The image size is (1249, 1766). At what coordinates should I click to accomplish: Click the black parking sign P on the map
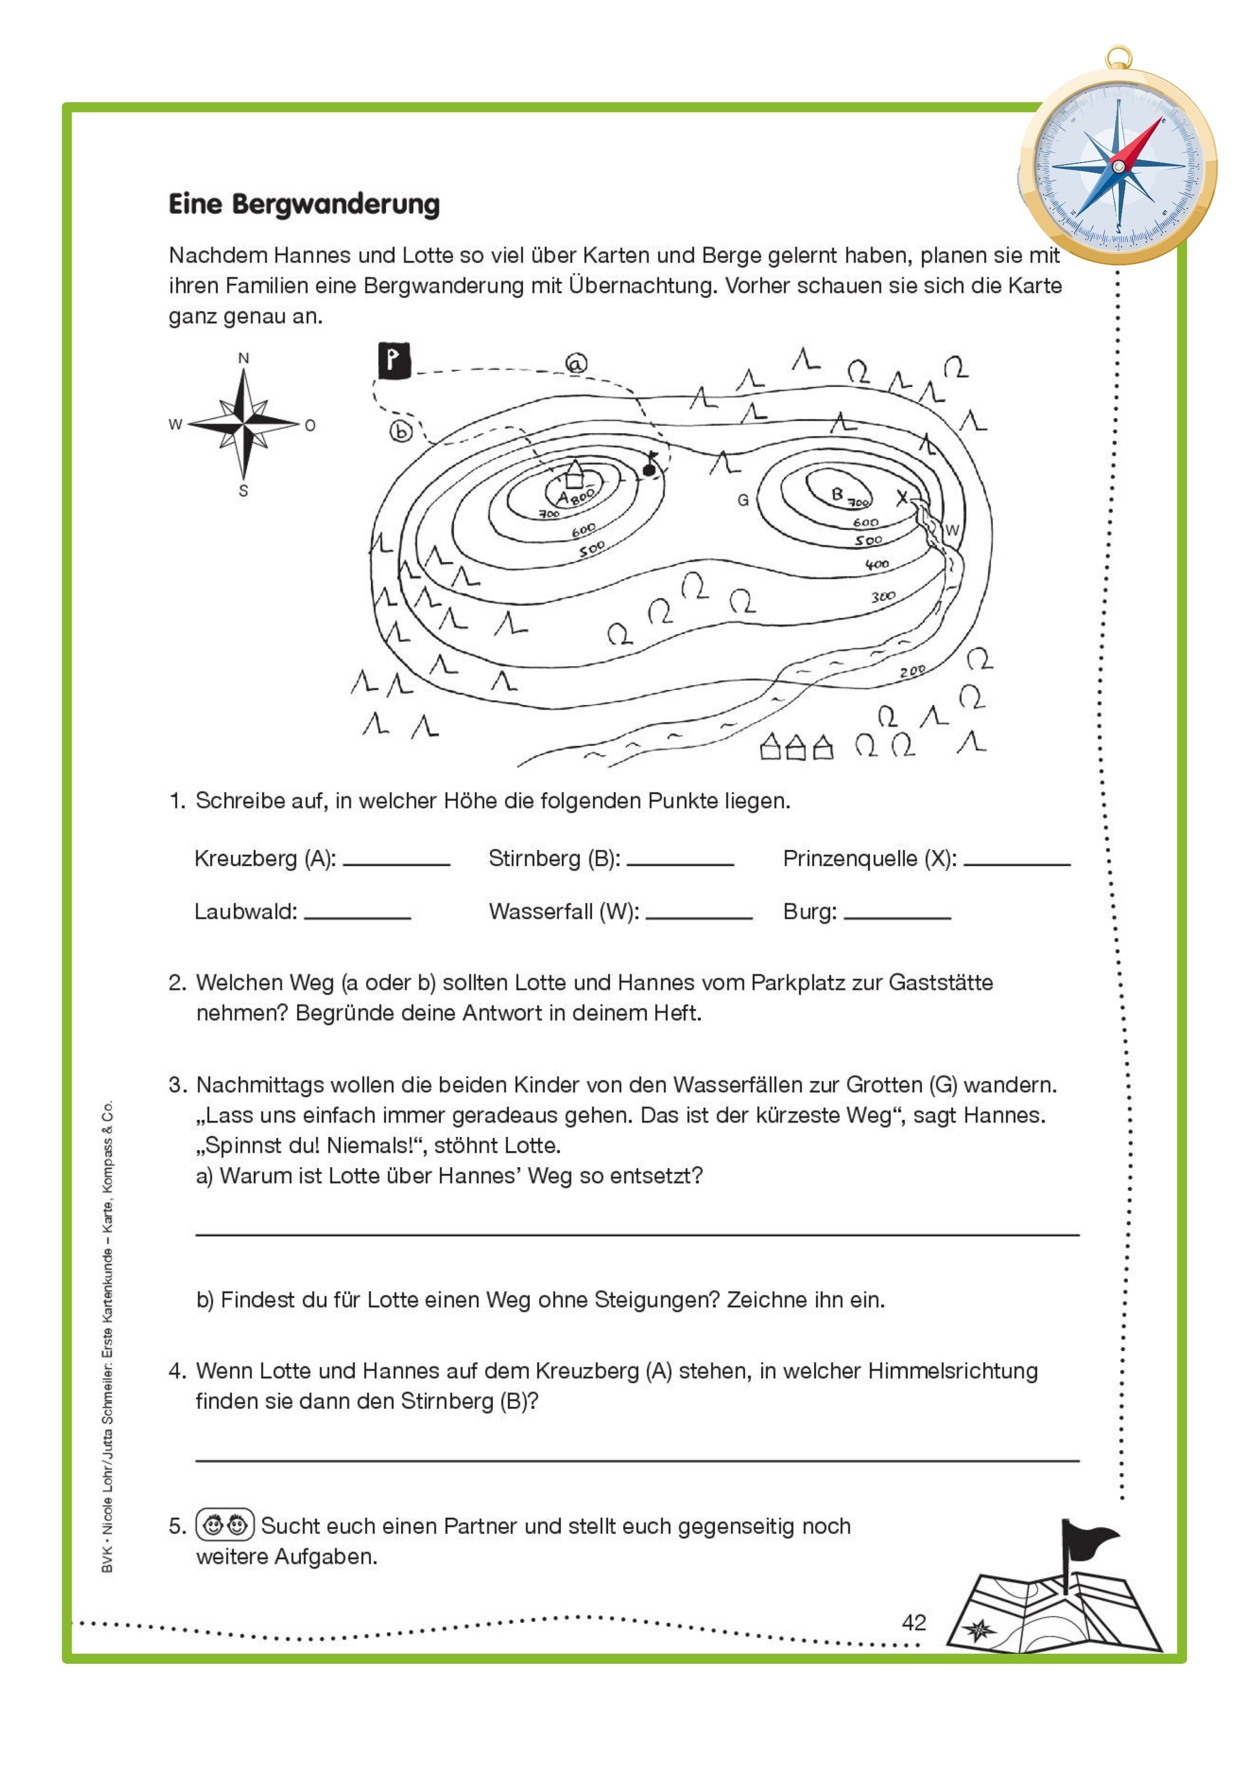click(394, 360)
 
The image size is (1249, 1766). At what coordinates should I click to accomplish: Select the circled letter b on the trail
click(401, 431)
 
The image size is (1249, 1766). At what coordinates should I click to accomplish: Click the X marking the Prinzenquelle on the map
click(902, 498)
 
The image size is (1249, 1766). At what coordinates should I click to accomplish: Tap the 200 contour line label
click(913, 671)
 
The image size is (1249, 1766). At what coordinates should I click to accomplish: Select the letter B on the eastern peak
click(838, 494)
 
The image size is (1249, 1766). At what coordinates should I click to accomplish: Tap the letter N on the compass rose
click(243, 358)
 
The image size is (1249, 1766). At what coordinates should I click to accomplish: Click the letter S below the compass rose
click(243, 491)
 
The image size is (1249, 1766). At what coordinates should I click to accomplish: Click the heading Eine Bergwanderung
click(304, 204)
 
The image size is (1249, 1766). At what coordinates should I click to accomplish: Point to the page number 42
click(914, 1622)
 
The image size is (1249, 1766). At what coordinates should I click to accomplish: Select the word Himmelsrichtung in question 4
click(953, 1371)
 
